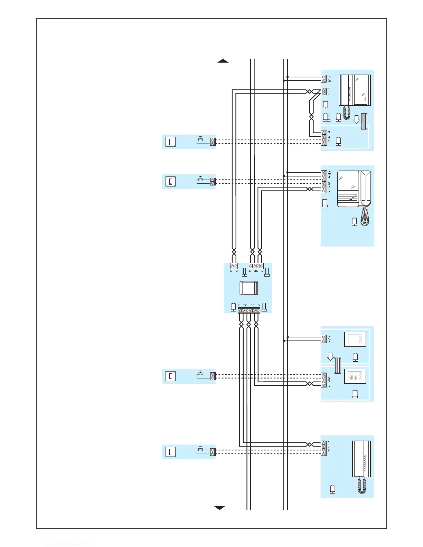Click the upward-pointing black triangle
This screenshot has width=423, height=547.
click(223, 61)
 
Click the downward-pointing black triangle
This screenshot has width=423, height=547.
click(220, 508)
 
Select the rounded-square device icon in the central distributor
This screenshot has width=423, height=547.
click(248, 288)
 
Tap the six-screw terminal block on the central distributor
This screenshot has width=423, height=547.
click(249, 310)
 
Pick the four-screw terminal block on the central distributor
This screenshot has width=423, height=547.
click(256, 266)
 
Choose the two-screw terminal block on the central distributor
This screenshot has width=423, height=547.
click(234, 266)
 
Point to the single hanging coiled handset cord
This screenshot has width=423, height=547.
click(364, 217)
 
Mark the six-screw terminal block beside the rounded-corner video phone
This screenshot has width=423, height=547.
click(324, 182)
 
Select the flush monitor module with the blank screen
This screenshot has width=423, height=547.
click(355, 339)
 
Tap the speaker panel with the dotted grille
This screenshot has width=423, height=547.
click(355, 377)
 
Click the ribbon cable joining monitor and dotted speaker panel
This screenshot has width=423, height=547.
click(338, 365)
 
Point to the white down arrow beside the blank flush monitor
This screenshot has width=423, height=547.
click(330, 356)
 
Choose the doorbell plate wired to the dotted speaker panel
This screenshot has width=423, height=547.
click(171, 376)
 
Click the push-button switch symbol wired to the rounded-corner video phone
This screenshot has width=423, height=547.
click(200, 180)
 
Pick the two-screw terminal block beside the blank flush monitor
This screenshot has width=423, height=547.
click(324, 339)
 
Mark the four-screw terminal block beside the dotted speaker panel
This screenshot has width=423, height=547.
click(324, 380)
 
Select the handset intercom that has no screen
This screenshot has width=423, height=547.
click(361, 459)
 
